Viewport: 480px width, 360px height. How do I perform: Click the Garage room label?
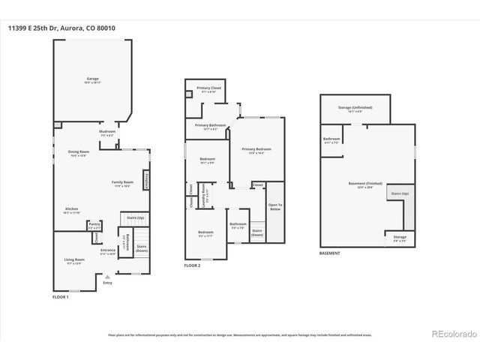pos(92,79)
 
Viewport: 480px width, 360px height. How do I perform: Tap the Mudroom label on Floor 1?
pos(107,132)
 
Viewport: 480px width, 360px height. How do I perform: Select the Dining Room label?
pos(79,152)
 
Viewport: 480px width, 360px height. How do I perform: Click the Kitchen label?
pos(71,209)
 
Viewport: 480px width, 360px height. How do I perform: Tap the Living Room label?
pos(74,260)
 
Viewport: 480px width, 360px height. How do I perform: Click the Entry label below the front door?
pos(107,283)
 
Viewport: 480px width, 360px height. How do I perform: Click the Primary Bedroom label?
pos(256,150)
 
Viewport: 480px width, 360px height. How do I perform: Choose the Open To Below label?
pos(275,208)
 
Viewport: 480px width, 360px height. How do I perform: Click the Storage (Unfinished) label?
pos(356,108)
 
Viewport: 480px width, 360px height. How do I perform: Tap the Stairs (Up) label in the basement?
pos(399,193)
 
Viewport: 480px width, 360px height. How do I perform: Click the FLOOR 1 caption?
pos(61,298)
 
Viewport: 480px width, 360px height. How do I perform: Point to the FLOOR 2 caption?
pos(193,265)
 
